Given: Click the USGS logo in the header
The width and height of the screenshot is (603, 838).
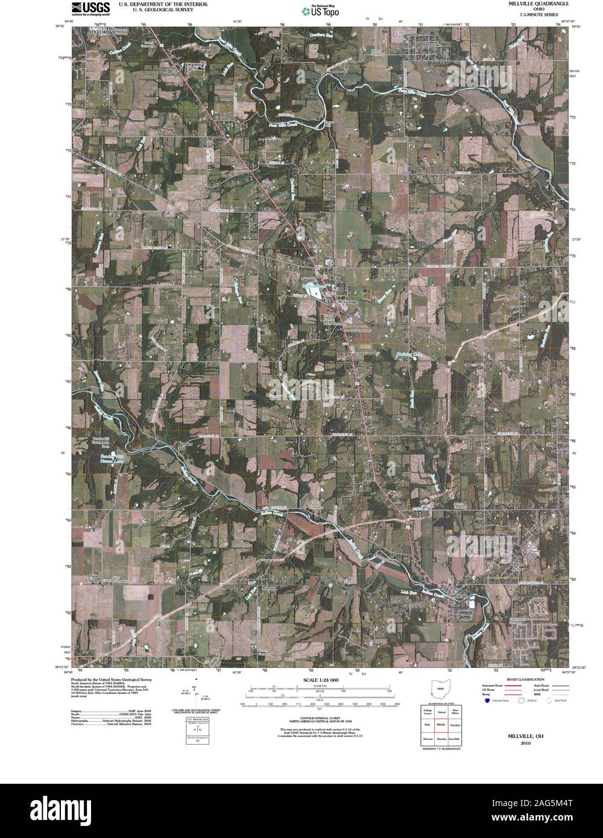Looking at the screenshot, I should [90, 8].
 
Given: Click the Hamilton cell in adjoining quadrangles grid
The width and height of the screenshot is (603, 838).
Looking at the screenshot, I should [455, 724].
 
